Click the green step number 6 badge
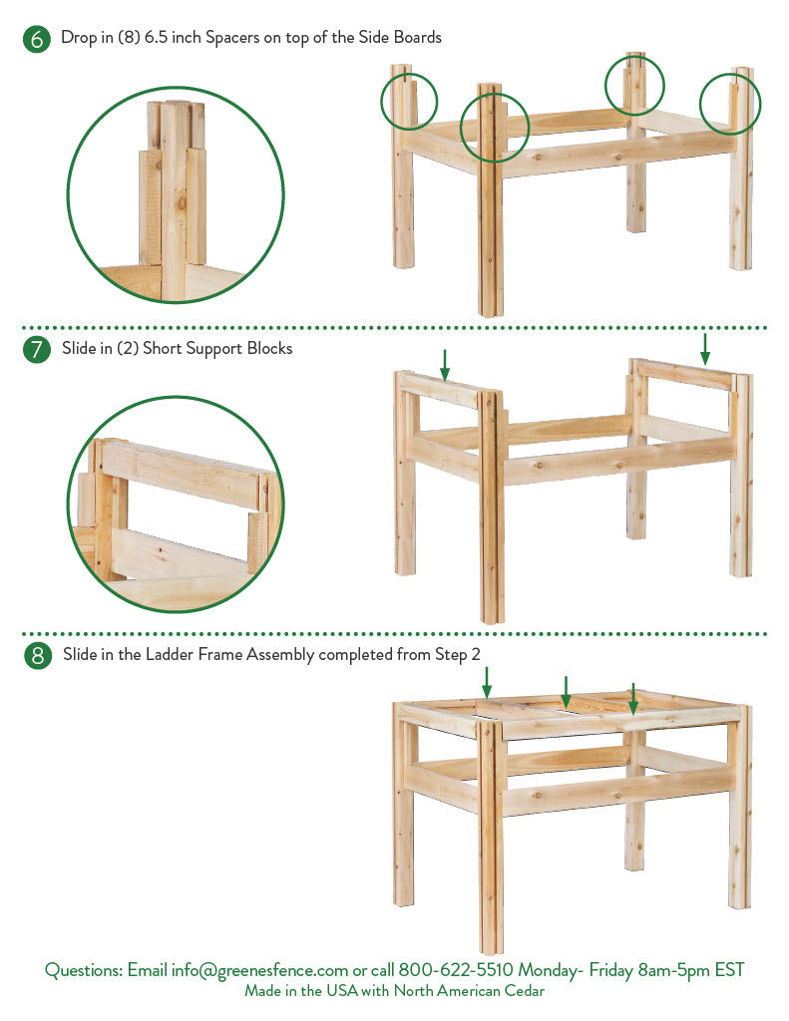click(37, 39)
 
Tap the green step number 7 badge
click(37, 350)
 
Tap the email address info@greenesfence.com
click(259, 970)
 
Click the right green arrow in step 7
click(705, 349)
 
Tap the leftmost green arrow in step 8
click(487, 682)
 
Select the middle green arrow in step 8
click(567, 692)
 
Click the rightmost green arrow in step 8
click(632, 699)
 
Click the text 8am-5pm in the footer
click(673, 970)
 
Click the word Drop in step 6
click(78, 38)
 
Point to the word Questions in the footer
click(84, 970)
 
